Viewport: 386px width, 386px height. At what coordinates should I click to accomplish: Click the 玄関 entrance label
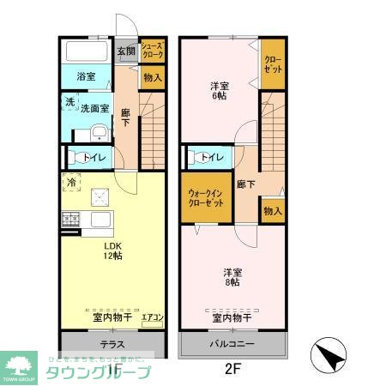point(125,51)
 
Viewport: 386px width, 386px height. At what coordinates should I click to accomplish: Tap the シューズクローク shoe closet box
point(153,52)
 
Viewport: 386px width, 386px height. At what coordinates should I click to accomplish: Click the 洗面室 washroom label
point(94,108)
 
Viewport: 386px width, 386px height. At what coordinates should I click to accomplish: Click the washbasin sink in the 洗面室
point(100,132)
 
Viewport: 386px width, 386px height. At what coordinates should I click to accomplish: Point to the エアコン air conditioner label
point(152,318)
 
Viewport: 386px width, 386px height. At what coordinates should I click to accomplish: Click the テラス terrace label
point(112,345)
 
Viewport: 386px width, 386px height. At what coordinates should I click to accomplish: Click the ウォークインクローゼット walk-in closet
point(206,199)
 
